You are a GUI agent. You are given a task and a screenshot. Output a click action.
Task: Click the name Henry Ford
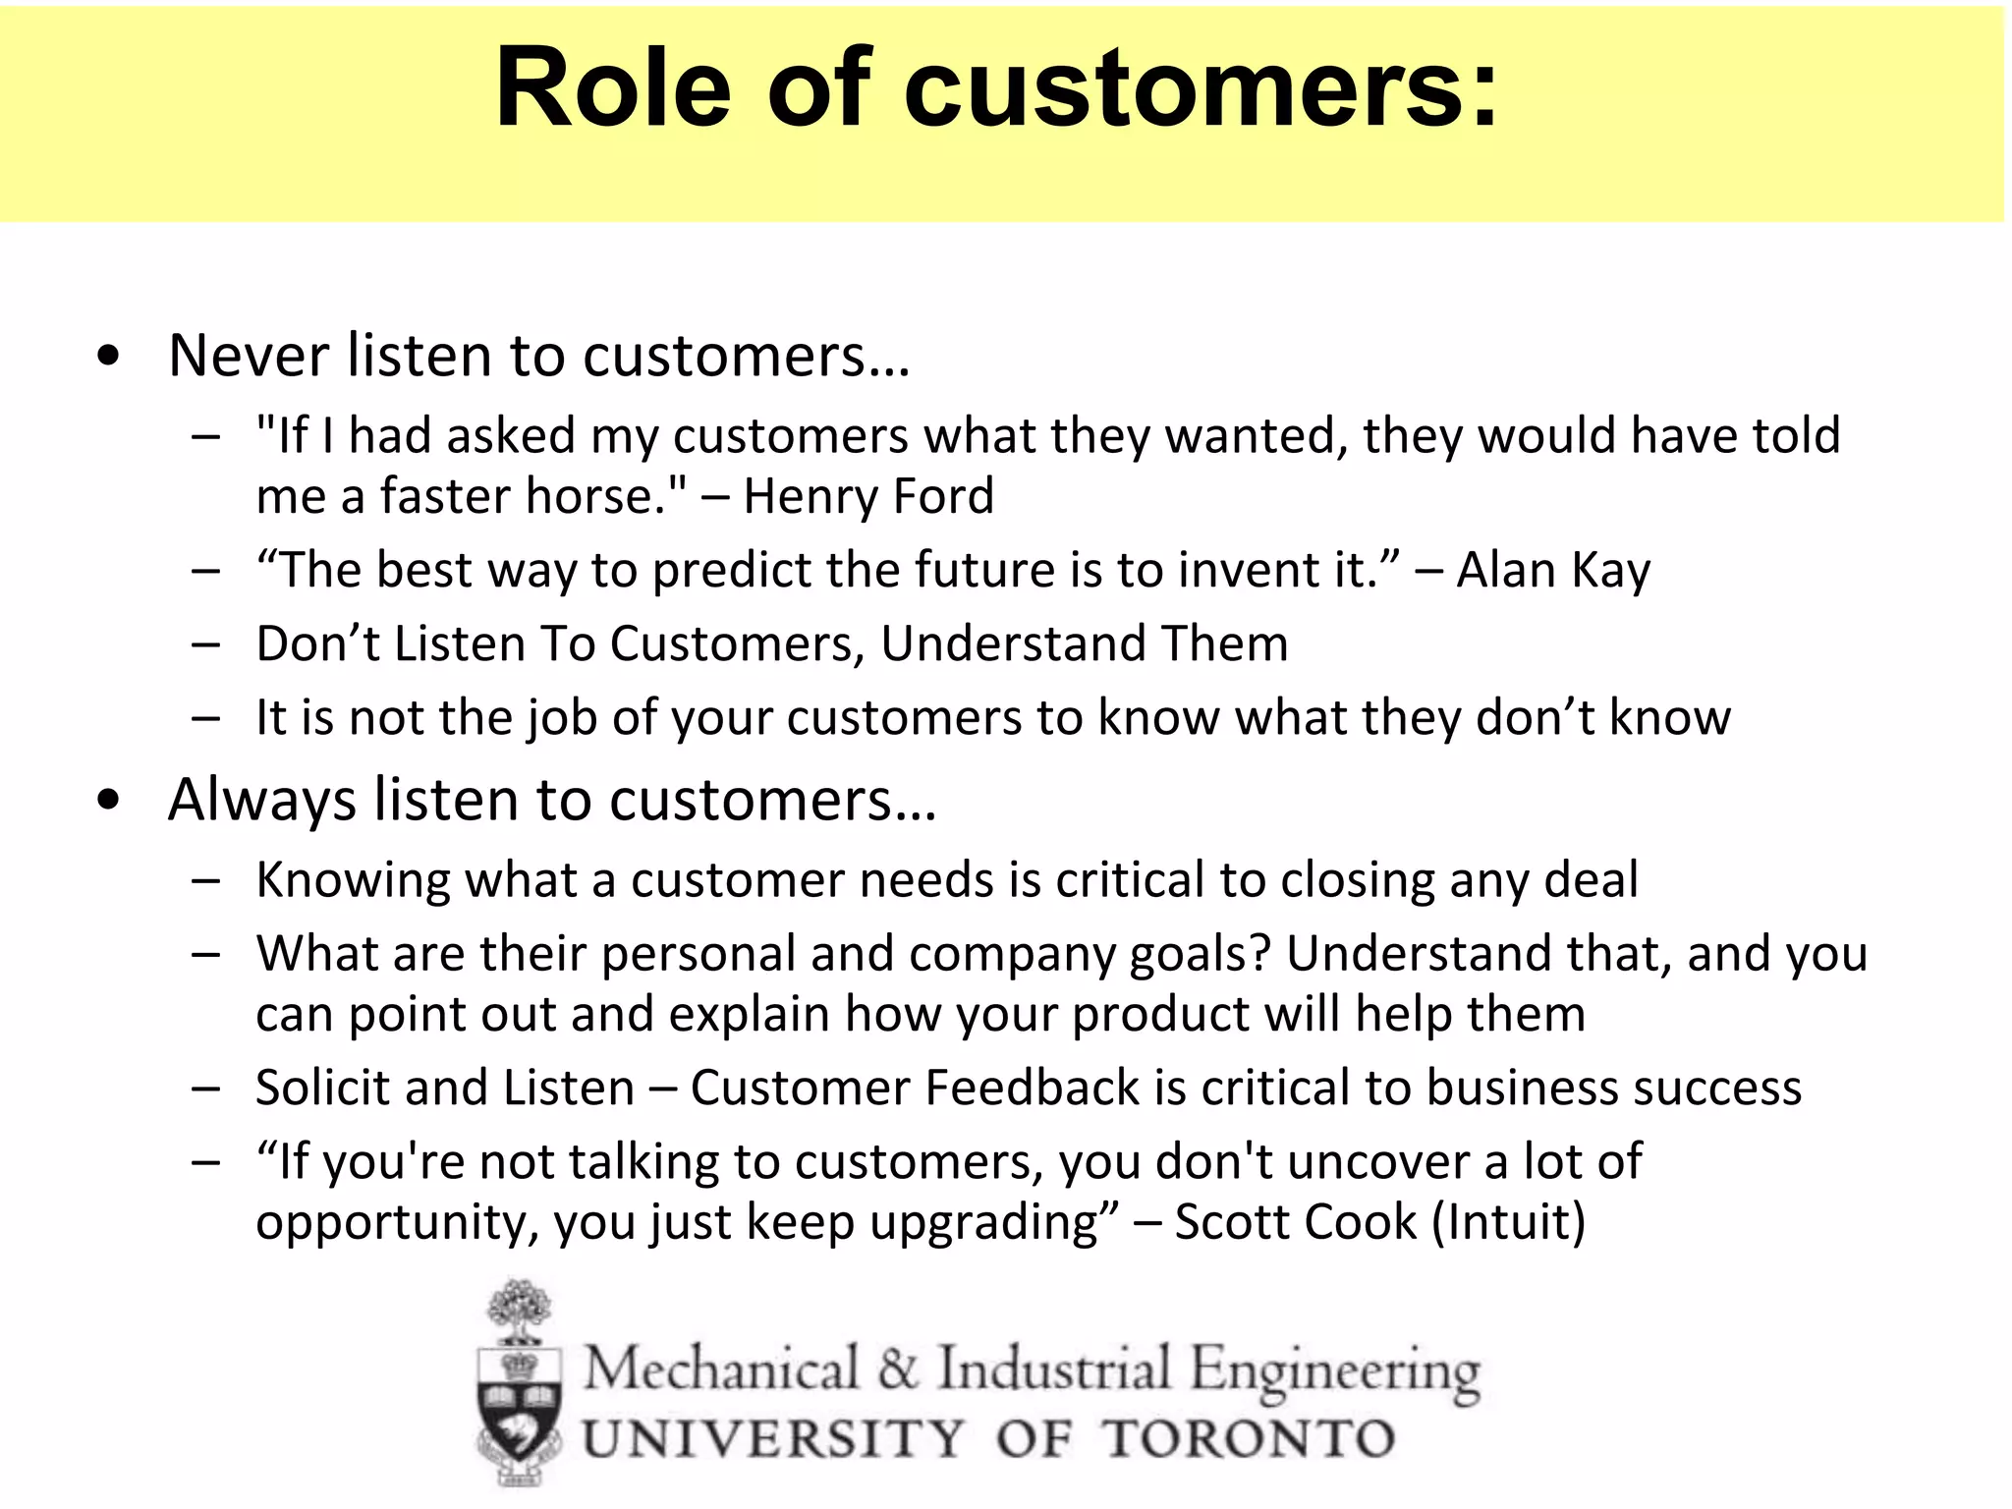pyautogui.click(x=868, y=496)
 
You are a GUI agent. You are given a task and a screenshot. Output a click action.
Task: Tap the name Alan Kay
pyautogui.click(x=1552, y=571)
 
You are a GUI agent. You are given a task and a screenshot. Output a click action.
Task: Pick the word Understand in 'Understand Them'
pyautogui.click(x=1012, y=644)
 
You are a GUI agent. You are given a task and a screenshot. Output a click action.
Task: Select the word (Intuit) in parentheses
pyautogui.click(x=1509, y=1223)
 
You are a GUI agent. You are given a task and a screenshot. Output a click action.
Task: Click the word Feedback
pyautogui.click(x=1032, y=1089)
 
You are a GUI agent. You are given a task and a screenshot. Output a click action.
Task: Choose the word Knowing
pyautogui.click(x=353, y=880)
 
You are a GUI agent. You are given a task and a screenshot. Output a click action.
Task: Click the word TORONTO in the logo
pyautogui.click(x=1248, y=1439)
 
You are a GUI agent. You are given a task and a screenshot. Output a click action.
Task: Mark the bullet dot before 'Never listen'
pyautogui.click(x=109, y=358)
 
